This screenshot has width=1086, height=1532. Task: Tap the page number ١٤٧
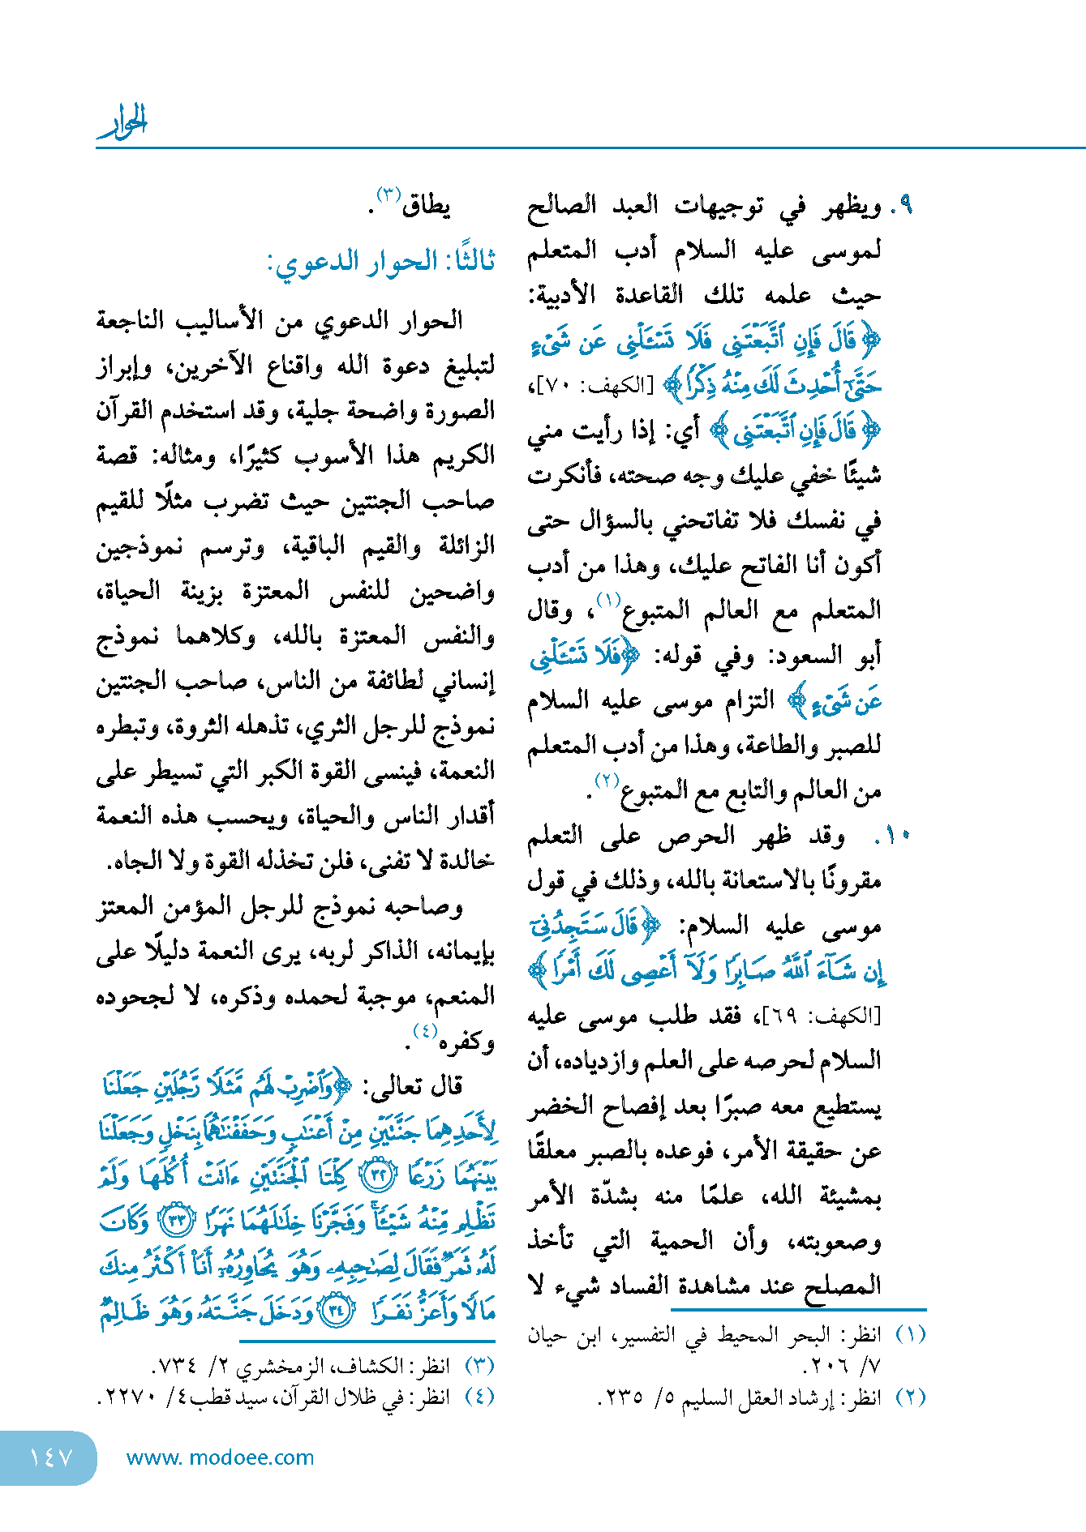pos(50,1457)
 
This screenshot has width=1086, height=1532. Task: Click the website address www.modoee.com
pos(220,1457)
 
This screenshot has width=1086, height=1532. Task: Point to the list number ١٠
pos(896,835)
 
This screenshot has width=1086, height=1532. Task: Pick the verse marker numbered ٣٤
pos(336,1311)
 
